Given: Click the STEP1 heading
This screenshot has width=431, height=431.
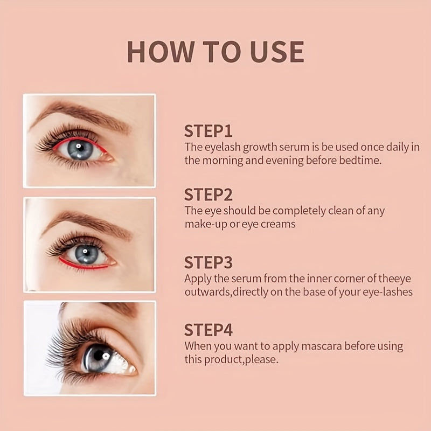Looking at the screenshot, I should [208, 131].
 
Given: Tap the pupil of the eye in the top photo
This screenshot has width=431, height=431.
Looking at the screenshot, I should [80, 149].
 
